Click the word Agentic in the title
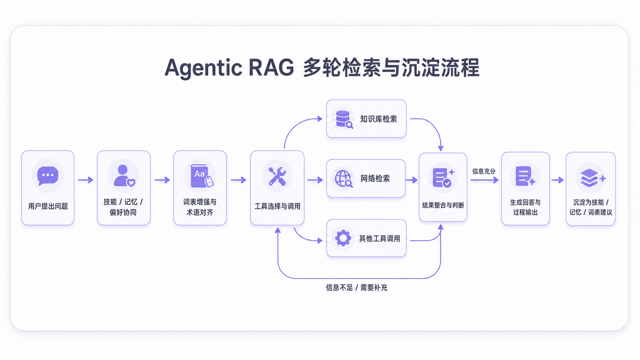coord(203,68)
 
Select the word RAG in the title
coord(271,67)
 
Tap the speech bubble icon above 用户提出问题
coord(47,175)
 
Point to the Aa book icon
coord(201,175)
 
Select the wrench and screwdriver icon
coord(277,176)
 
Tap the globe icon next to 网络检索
coord(343,179)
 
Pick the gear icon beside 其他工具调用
coord(343,238)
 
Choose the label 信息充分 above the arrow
coord(483,171)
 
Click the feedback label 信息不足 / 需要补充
coord(356,287)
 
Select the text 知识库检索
coord(378,119)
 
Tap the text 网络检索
coord(375,178)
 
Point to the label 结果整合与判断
coord(443,205)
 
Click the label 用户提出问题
coord(48,206)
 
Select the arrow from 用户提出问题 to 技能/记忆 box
coord(85,180)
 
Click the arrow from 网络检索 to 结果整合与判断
coord(411,180)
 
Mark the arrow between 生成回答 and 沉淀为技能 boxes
coord(557,180)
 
